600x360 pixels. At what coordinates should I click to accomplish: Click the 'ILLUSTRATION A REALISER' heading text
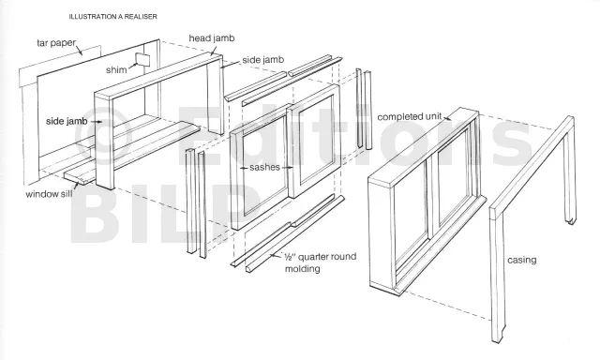click(112, 17)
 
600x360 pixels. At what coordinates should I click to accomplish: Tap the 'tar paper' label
click(56, 42)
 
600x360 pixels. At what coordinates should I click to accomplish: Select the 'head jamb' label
click(212, 38)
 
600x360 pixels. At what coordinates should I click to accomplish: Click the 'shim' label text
click(116, 70)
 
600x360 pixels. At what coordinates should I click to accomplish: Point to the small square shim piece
click(142, 60)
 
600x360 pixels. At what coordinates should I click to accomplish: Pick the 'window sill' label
click(49, 194)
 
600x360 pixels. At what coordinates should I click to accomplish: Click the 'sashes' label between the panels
click(264, 167)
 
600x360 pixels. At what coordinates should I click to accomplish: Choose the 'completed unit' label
click(410, 116)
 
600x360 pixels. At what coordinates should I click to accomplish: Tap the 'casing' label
click(521, 260)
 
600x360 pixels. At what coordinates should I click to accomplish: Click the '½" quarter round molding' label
click(321, 262)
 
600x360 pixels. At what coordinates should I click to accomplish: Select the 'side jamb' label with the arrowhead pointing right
click(67, 121)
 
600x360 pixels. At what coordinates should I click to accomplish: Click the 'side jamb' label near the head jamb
click(263, 60)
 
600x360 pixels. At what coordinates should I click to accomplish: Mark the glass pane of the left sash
click(264, 169)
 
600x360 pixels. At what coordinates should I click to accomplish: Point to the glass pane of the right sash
click(316, 140)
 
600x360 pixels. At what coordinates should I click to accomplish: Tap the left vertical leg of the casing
click(498, 275)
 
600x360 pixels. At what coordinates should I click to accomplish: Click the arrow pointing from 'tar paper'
click(79, 50)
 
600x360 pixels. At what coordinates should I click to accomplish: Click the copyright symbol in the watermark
click(101, 133)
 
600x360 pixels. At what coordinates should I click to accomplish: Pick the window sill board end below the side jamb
click(79, 177)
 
